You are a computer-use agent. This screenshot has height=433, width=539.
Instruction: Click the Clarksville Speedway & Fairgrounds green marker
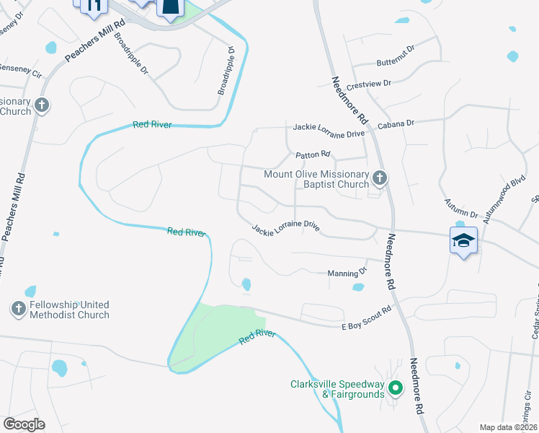click(x=395, y=389)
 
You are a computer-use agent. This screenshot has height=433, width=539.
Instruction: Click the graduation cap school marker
click(x=463, y=240)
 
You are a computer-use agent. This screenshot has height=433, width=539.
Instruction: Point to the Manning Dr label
click(x=347, y=273)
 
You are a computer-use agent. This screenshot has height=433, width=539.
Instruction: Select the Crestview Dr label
click(x=367, y=84)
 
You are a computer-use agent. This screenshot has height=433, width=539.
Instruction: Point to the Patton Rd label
click(x=312, y=154)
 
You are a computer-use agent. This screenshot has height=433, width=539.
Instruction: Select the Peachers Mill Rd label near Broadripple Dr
click(x=95, y=45)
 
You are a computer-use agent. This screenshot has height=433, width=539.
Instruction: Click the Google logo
click(x=24, y=424)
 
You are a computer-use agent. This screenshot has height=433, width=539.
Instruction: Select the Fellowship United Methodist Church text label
click(x=69, y=310)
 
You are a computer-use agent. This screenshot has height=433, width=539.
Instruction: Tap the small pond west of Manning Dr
click(x=246, y=284)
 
